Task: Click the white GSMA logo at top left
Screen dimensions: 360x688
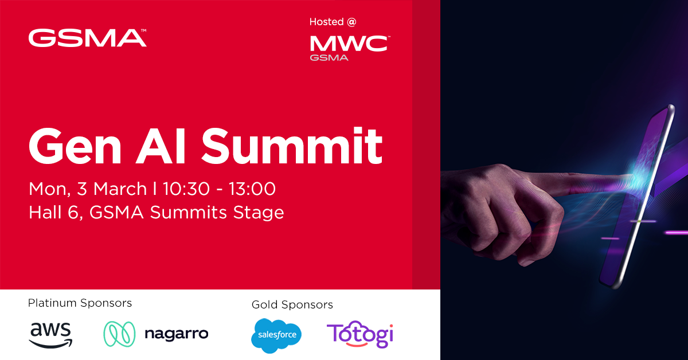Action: pos(87,38)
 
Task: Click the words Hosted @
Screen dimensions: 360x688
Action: pos(333,22)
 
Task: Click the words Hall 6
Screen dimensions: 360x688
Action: pos(52,213)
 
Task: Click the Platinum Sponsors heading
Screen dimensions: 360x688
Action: pos(80,303)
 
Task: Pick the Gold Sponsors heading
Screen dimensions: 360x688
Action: pos(292,304)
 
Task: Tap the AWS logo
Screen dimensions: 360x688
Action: pos(51,334)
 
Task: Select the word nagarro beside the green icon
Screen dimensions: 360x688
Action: pos(176,334)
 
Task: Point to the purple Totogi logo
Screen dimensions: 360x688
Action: pos(360,335)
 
